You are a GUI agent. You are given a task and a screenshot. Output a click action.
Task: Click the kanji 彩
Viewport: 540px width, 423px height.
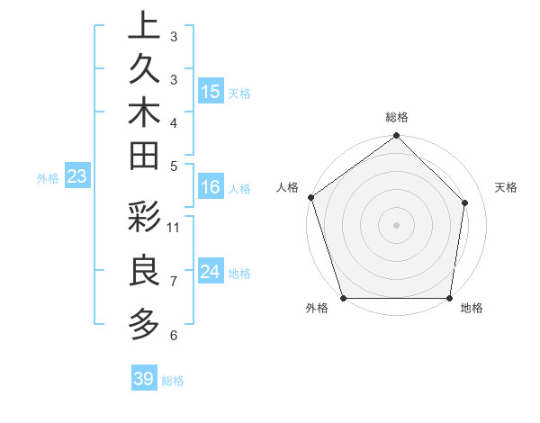144,219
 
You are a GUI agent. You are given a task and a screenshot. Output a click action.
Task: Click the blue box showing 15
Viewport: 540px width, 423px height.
211,92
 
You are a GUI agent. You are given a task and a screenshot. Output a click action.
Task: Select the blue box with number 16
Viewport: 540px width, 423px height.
211,187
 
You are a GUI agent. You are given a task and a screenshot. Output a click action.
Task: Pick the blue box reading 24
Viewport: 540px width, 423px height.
211,272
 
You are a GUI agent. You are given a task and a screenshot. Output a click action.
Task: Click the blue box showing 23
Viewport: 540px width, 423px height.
76,176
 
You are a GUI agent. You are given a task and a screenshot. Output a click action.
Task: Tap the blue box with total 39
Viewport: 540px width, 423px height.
143,379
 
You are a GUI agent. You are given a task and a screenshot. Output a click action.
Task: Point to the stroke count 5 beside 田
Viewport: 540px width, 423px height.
174,166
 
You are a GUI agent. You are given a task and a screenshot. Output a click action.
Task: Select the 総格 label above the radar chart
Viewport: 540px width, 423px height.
397,117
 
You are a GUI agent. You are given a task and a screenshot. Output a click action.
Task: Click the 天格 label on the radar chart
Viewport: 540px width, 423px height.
507,187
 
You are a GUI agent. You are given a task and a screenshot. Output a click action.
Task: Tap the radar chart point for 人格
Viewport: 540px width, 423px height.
310,197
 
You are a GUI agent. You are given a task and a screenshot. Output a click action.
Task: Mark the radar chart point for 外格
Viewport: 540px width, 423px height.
344,298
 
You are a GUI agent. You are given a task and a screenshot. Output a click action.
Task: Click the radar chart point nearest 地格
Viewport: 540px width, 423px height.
450,298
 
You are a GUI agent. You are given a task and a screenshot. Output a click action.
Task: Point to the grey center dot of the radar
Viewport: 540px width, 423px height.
397,224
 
